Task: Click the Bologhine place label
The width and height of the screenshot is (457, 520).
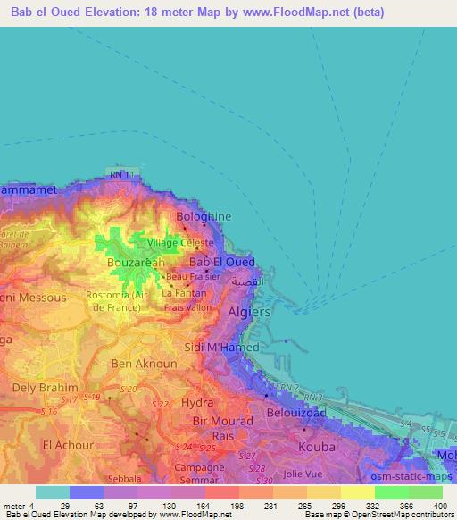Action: tap(204, 216)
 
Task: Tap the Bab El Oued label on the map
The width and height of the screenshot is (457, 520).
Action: tap(222, 262)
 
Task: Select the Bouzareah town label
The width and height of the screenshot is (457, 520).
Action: tap(135, 264)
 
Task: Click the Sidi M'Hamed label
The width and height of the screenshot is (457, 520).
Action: tap(228, 347)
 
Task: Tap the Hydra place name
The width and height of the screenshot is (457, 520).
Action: tap(197, 403)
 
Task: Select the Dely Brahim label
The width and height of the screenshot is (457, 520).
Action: tap(44, 389)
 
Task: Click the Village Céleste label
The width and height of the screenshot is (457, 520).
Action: tap(179, 242)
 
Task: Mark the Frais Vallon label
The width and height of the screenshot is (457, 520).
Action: tap(186, 306)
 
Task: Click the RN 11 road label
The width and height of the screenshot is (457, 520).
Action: tap(123, 174)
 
